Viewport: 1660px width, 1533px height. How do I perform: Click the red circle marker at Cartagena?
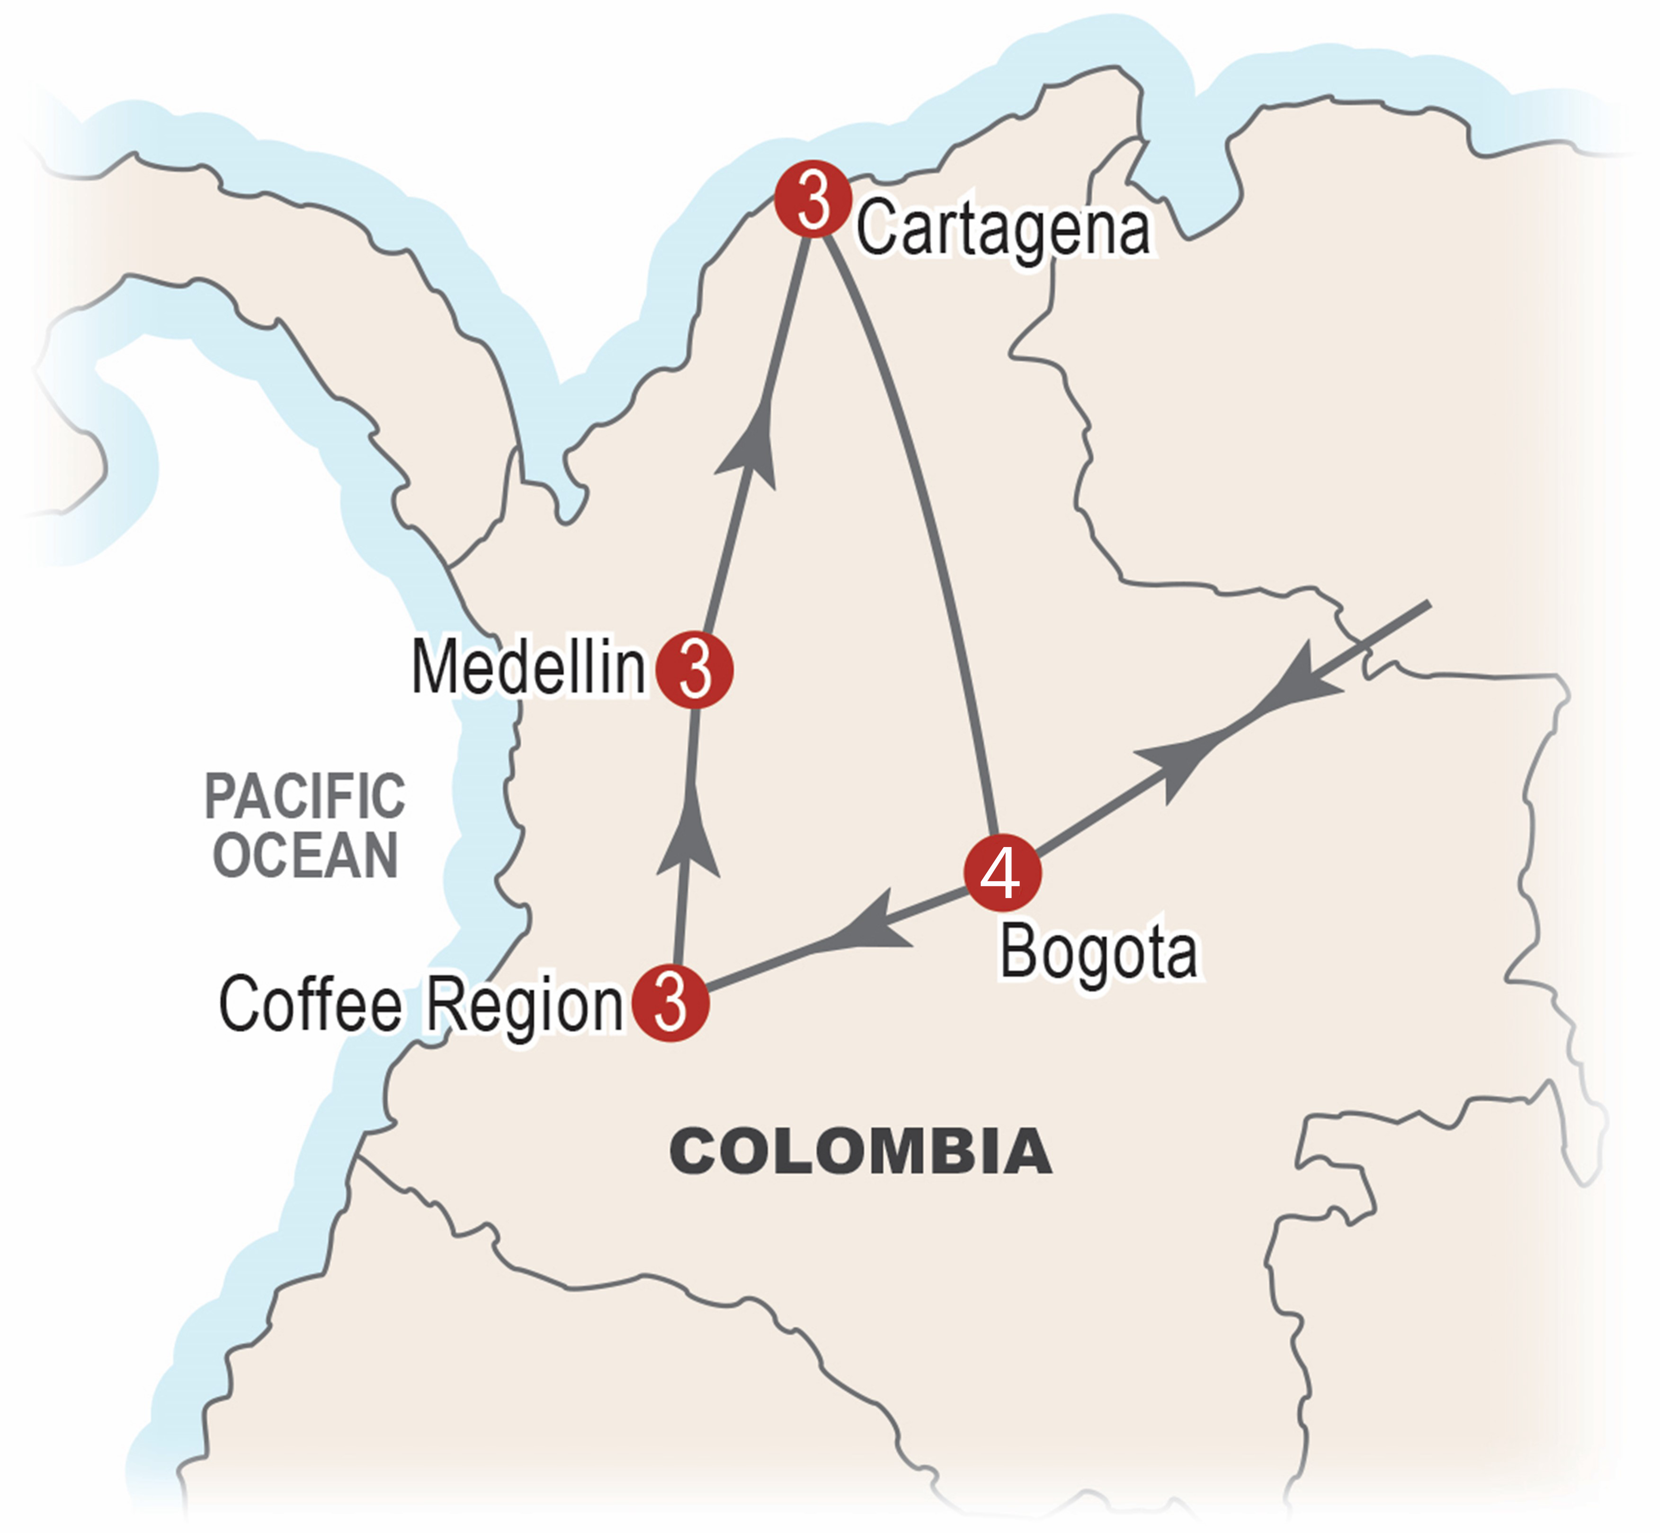click(x=812, y=199)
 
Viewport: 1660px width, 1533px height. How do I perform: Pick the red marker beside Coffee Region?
click(x=670, y=1002)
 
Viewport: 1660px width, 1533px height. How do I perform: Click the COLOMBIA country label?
click(x=860, y=1152)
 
